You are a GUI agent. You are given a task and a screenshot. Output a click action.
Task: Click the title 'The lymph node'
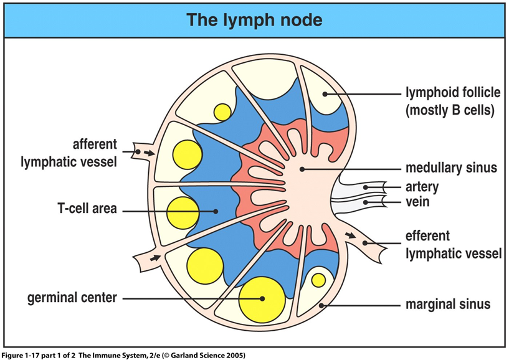coord(254,20)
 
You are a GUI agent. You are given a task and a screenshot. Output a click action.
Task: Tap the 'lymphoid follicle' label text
coord(453,93)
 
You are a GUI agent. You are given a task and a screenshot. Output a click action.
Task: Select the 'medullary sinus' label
coord(451,168)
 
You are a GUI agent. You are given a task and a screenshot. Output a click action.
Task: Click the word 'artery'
coord(422,187)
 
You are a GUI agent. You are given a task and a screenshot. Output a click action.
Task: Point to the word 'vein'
coord(417,202)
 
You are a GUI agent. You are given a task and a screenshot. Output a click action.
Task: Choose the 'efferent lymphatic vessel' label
coord(454,244)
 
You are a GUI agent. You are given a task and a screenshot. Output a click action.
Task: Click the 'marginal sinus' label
coord(448,304)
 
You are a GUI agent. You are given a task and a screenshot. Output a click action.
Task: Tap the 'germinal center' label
coord(72,298)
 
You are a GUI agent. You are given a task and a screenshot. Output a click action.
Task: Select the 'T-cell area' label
coord(87,209)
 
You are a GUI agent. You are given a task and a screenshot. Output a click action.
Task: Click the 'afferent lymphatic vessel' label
coord(69,153)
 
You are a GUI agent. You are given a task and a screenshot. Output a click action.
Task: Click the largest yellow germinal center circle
coord(262,300)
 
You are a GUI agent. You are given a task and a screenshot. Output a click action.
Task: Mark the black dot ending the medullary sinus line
coord(302,169)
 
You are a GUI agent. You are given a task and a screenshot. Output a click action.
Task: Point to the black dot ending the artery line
coord(366,187)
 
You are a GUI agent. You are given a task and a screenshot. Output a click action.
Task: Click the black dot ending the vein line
coord(366,202)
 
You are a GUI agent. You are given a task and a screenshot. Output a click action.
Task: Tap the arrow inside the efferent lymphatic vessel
coord(350,235)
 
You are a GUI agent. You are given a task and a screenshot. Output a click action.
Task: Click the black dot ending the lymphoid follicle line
coord(325,94)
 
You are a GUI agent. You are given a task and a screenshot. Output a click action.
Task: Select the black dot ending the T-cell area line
coord(216,211)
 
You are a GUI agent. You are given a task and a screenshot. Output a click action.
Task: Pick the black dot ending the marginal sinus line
coord(321,305)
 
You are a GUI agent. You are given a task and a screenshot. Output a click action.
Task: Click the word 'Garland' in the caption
coord(183,355)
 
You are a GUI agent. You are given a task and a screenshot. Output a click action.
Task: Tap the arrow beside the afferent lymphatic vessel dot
coord(149,153)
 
